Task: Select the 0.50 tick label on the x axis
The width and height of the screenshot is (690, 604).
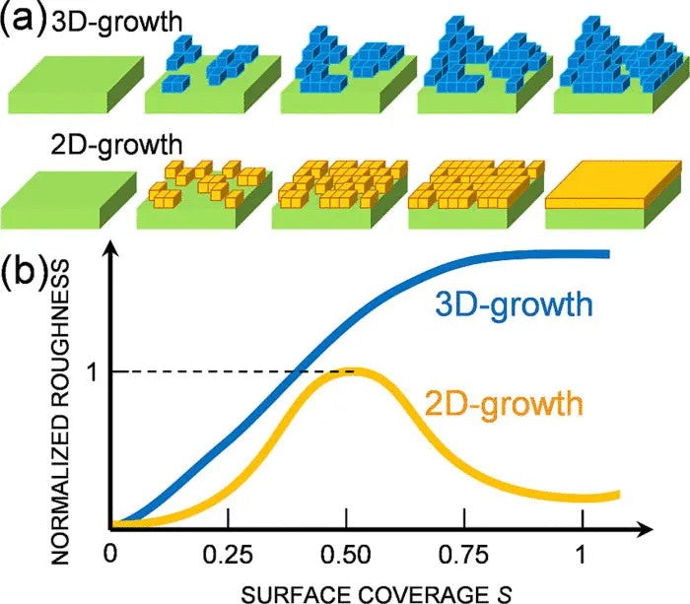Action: click(346, 554)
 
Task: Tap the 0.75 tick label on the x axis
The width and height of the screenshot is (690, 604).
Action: click(464, 554)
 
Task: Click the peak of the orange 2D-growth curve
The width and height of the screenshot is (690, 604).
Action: click(348, 371)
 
